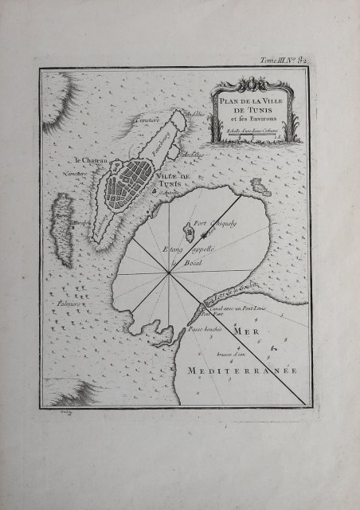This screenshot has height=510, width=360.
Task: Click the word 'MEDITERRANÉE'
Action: click(241, 372)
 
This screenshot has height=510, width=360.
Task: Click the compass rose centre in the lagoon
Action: click(169, 275)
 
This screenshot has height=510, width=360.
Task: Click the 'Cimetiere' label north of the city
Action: click(148, 120)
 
